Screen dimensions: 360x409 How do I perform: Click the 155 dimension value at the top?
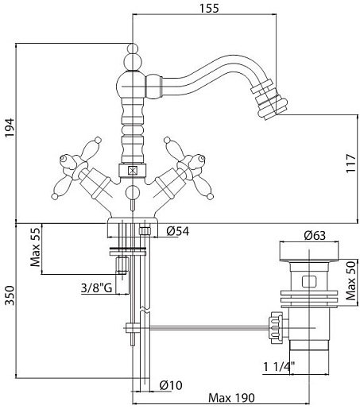[x=209, y=8]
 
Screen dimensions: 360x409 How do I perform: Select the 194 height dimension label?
[x=10, y=128]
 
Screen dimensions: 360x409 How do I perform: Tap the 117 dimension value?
[x=351, y=164]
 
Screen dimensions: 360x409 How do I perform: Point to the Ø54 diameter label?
[x=178, y=231]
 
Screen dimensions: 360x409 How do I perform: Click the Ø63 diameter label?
[x=315, y=235]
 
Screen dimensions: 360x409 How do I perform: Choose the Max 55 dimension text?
[x=36, y=247]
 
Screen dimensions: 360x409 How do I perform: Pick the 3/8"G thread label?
[x=97, y=287]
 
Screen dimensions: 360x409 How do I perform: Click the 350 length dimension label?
[x=10, y=295]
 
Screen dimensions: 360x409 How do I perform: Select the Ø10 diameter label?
[x=171, y=385]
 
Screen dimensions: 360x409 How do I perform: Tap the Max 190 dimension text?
[x=231, y=398]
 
